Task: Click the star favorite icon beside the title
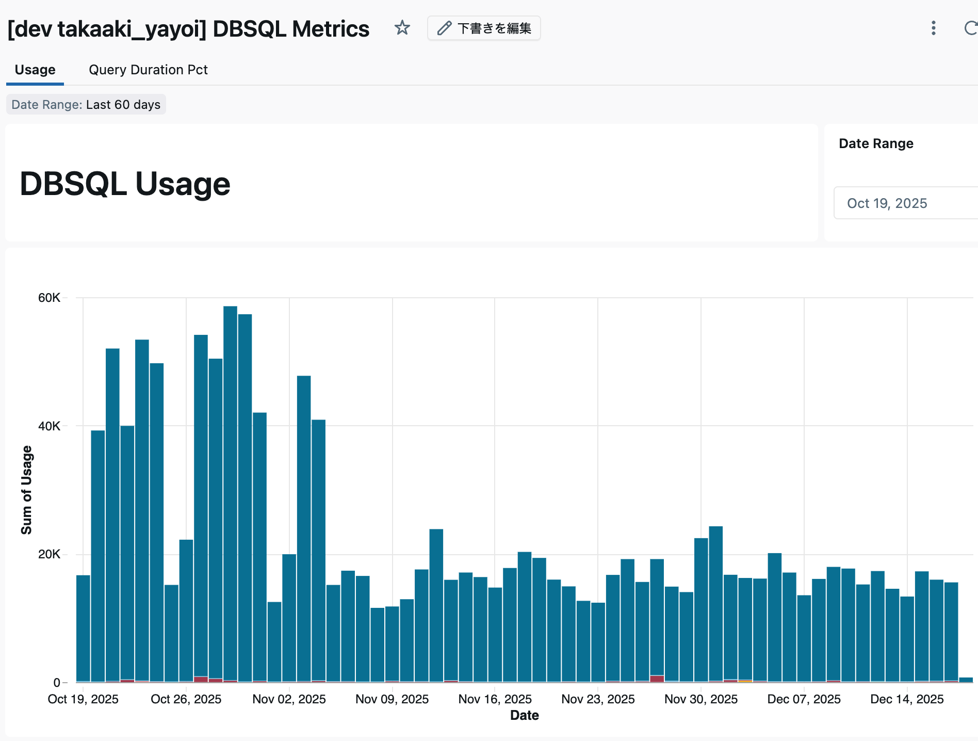pyautogui.click(x=402, y=28)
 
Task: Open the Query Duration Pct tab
pyautogui.click(x=148, y=70)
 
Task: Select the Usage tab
pyautogui.click(x=35, y=70)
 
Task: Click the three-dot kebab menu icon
pyautogui.click(x=933, y=28)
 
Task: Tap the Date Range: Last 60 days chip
pyautogui.click(x=86, y=105)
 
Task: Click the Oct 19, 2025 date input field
pyautogui.click(x=903, y=203)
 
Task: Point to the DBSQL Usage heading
pyautogui.click(x=125, y=184)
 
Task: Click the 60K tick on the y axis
pyautogui.click(x=49, y=298)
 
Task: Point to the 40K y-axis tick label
pyautogui.click(x=49, y=426)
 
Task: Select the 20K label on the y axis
pyautogui.click(x=49, y=554)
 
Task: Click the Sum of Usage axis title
pyautogui.click(x=26, y=490)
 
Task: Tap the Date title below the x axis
pyautogui.click(x=524, y=715)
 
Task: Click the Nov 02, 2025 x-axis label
pyautogui.click(x=289, y=699)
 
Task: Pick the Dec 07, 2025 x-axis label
pyautogui.click(x=804, y=699)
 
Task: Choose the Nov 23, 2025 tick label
pyautogui.click(x=598, y=699)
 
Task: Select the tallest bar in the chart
pyautogui.click(x=230, y=490)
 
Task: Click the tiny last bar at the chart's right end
pyautogui.click(x=966, y=680)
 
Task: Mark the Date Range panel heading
pyautogui.click(x=876, y=143)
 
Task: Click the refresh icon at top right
pyautogui.click(x=970, y=28)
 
